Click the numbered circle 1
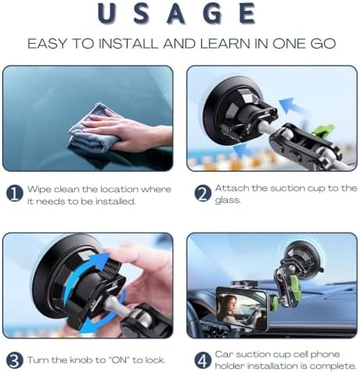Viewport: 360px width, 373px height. pos(14,194)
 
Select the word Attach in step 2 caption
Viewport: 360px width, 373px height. pos(232,188)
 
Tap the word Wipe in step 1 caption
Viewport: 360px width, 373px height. pos(40,189)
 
